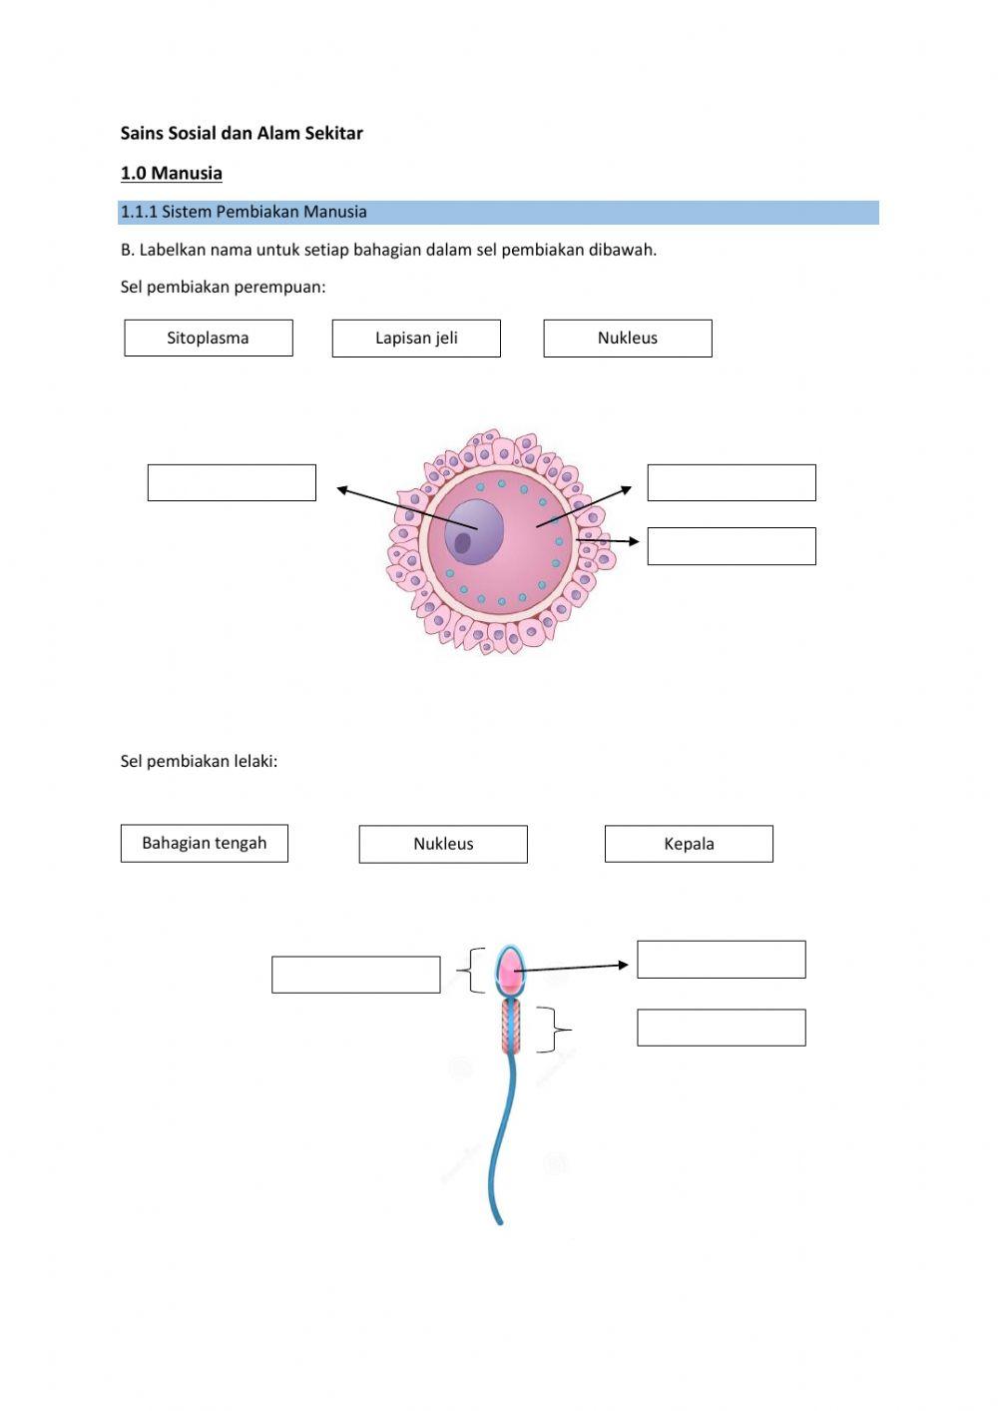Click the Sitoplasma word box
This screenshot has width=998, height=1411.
(209, 338)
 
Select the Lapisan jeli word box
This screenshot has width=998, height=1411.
(416, 338)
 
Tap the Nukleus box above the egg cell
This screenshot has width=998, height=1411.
(628, 338)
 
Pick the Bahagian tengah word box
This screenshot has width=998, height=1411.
(205, 843)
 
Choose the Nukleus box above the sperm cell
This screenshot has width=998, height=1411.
(443, 844)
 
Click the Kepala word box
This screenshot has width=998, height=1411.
(689, 844)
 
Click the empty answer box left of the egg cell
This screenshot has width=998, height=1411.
(232, 482)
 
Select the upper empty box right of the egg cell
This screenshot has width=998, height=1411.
(732, 482)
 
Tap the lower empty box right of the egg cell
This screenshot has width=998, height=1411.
(732, 546)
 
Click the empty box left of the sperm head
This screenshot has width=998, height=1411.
(356, 975)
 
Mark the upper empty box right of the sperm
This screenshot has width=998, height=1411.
(722, 960)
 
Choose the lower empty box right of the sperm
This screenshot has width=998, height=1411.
(722, 1028)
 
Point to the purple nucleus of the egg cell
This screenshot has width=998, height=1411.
(474, 531)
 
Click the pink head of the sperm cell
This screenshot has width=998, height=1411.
(509, 970)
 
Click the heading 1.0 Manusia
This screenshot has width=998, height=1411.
(172, 173)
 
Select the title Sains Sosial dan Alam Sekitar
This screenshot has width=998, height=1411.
(242, 133)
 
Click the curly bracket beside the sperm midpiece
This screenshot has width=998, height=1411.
(553, 1030)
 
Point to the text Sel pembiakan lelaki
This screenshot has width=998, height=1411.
(199, 761)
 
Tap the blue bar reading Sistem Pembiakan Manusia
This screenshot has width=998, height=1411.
(498, 212)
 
